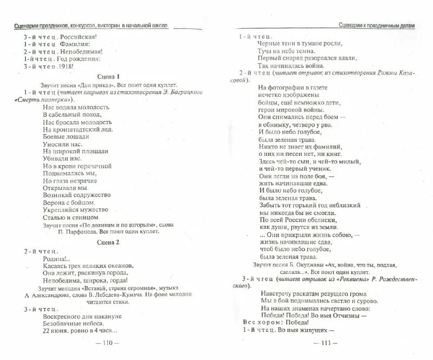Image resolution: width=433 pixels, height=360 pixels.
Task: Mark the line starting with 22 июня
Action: coord(80,332)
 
